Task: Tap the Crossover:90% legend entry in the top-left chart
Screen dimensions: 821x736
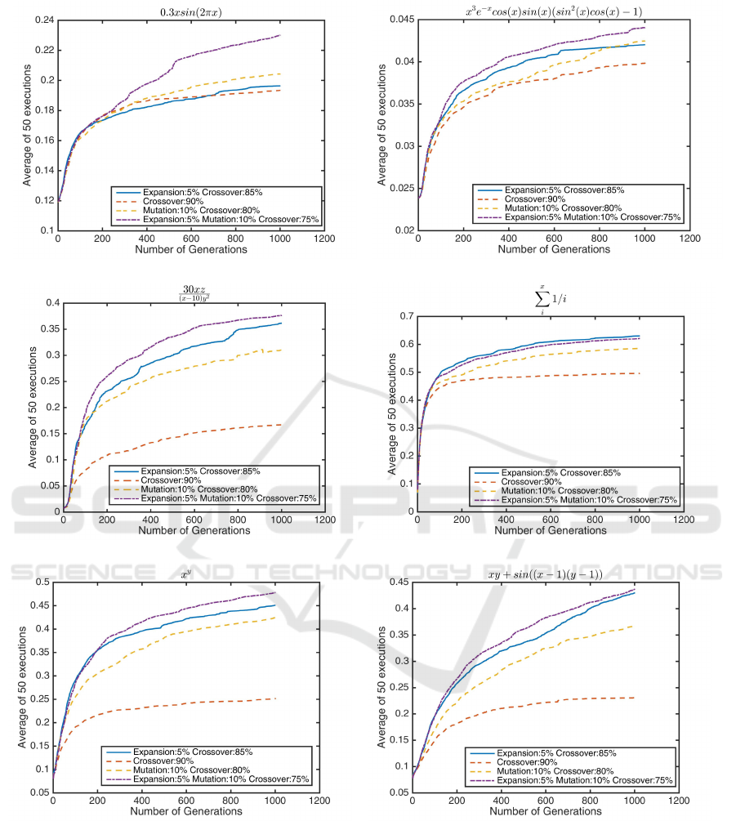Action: coord(173,199)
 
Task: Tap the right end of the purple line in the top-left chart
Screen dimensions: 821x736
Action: coord(281,35)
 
